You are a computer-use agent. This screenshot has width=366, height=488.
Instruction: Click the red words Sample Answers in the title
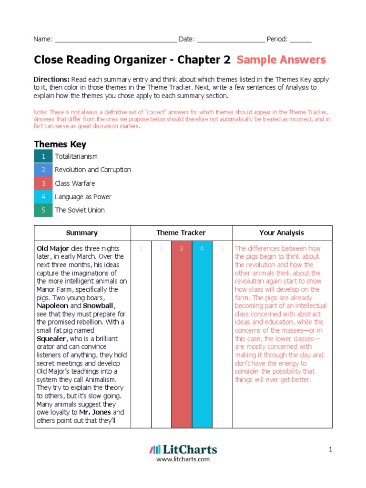pyautogui.click(x=281, y=60)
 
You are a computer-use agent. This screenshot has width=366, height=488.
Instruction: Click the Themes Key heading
pyautogui.click(x=60, y=144)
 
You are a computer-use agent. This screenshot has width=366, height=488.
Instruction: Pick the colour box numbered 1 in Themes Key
pyautogui.click(x=43, y=157)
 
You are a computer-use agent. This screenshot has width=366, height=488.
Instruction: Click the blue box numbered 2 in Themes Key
pyautogui.click(x=43, y=170)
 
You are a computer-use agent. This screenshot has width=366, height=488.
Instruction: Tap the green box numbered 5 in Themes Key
pyautogui.click(x=43, y=210)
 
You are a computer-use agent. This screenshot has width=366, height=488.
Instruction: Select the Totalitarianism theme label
pyautogui.click(x=76, y=157)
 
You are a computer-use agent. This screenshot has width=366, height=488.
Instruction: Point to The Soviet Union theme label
pyautogui.click(x=80, y=210)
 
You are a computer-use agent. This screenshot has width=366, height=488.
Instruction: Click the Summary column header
pyautogui.click(x=82, y=233)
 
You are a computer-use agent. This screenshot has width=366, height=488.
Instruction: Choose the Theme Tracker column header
pyautogui.click(x=181, y=233)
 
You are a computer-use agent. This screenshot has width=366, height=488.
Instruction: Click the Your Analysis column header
pyautogui.click(x=282, y=233)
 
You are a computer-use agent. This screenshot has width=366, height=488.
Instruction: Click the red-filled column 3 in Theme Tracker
pyautogui.click(x=182, y=334)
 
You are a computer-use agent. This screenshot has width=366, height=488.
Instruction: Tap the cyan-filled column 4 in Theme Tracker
pyautogui.click(x=202, y=334)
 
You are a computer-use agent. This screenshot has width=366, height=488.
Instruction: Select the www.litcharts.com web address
pyautogui.click(x=183, y=459)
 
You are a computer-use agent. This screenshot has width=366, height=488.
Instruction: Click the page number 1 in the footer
pyautogui.click(x=329, y=449)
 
